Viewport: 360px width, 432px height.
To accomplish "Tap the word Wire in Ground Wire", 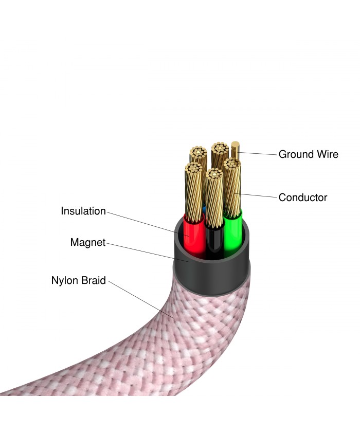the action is pos(328,154).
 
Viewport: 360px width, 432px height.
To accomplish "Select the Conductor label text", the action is pos(303,197).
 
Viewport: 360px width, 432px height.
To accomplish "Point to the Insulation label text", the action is pos(83,211).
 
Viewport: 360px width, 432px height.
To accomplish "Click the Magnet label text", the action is pos(88,242).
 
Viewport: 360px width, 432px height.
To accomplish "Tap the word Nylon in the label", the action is pos(65,280).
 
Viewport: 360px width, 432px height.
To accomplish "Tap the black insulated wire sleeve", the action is pos(214,242).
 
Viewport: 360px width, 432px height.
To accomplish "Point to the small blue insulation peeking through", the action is pos(204,209).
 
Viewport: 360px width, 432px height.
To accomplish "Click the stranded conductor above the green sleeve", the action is pos(233,187).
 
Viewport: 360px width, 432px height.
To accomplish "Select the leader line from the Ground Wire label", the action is pos(258,153).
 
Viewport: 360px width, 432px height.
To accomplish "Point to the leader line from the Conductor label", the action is pos(256,195).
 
